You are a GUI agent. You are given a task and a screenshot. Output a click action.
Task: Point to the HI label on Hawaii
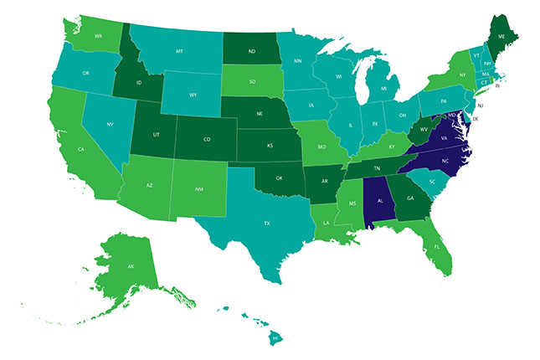tap(275, 337)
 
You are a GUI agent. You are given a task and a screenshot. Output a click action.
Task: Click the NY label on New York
tap(462, 74)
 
